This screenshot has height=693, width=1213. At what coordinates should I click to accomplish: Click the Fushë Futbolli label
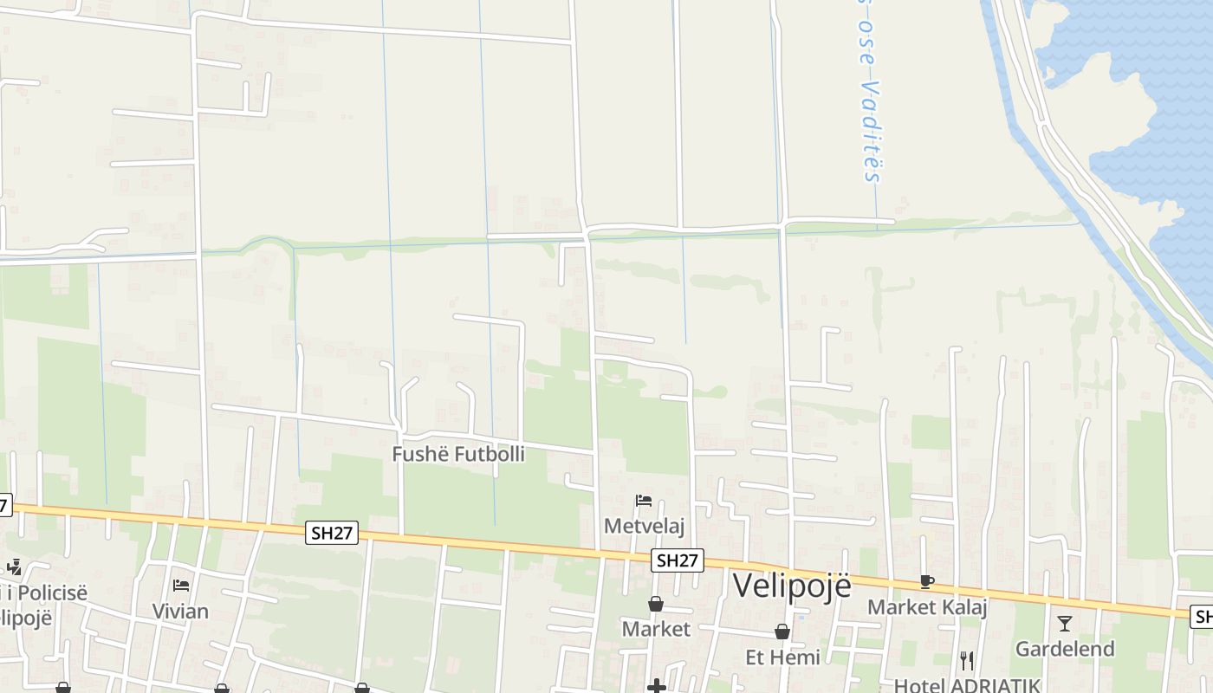pos(458,454)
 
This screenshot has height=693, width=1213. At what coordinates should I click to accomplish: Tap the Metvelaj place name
pos(644,526)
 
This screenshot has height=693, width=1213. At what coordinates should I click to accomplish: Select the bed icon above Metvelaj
pos(644,501)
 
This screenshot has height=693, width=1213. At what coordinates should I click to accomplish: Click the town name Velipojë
pos(792,586)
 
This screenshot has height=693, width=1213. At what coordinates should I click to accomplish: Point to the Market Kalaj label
pos(927,606)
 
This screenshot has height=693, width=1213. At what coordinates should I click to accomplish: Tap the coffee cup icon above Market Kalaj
pos(927,581)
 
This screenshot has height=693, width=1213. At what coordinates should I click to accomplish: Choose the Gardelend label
pos(1065,648)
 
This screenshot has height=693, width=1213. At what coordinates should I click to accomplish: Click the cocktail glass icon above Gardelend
pos(1065,623)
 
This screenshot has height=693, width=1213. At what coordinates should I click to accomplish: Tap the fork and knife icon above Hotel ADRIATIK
pos(967,661)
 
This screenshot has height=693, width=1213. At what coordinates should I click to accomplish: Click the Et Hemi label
pos(782,657)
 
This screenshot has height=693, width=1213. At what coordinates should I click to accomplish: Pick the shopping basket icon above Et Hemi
pos(782,632)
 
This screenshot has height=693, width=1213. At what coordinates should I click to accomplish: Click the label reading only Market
pos(656,629)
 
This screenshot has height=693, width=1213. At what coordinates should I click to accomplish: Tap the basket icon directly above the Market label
pos(656,604)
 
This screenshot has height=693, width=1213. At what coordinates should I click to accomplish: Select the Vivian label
pos(180,611)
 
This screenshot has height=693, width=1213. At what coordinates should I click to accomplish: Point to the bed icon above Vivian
pos(180,586)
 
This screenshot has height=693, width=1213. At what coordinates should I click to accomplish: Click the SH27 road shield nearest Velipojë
pos(678,560)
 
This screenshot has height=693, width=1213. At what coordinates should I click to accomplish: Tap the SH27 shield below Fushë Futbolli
pos(332,533)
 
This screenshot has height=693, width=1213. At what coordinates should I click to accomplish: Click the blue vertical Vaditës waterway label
pos(872,95)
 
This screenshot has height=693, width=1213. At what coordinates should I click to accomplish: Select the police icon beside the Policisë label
pos(14,567)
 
